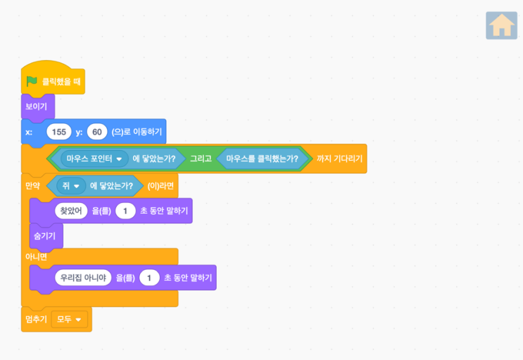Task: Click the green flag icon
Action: tap(32, 81)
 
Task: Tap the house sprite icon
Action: tap(501, 25)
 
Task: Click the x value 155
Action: tap(59, 132)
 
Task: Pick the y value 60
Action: tap(97, 132)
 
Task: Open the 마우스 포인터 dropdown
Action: tap(94, 159)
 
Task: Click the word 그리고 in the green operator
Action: tap(201, 159)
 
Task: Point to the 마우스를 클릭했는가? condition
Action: tap(262, 159)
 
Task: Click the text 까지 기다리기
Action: tap(339, 159)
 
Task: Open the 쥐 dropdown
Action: tap(71, 186)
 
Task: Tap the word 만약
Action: tap(32, 186)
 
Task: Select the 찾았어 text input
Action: tap(71, 211)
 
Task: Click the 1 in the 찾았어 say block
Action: tap(125, 211)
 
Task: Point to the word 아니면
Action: tap(37, 257)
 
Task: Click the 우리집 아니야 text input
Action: tap(83, 278)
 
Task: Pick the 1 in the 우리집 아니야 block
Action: tap(149, 278)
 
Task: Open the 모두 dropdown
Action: tap(70, 319)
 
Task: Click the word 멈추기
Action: tap(37, 319)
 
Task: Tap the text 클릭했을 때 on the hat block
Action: tap(61, 82)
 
